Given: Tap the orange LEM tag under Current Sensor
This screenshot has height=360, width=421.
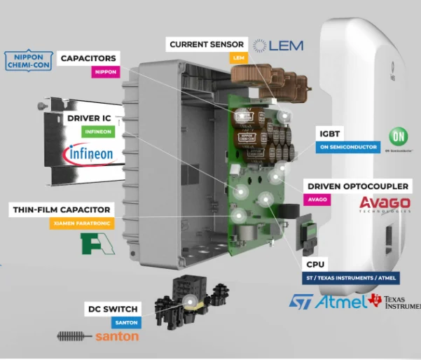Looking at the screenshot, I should tap(239, 58).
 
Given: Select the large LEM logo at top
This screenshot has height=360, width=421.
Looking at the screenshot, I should tap(278, 46).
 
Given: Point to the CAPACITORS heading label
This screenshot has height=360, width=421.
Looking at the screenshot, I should tap(88, 57).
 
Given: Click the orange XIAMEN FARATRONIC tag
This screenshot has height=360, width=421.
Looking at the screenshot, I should tap(82, 223).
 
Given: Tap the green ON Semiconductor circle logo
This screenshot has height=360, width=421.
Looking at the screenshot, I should tap(399, 137).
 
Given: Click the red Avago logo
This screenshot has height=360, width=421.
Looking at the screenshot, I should tap(385, 203).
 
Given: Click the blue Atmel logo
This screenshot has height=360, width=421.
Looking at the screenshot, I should tap(340, 301).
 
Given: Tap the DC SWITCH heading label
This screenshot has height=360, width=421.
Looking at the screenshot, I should tap(112, 309).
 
